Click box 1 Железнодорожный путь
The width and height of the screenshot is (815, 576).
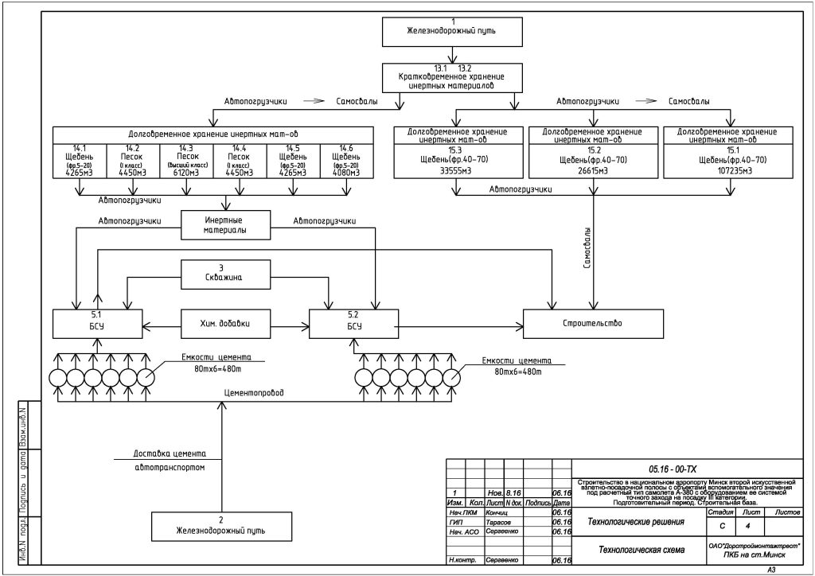point(452,30)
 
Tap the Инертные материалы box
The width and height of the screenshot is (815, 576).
point(225,224)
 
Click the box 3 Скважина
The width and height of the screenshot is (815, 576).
point(225,274)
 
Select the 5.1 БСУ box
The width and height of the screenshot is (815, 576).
point(97,323)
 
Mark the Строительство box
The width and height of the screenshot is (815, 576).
point(593,323)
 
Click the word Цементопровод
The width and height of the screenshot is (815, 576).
point(252,393)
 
